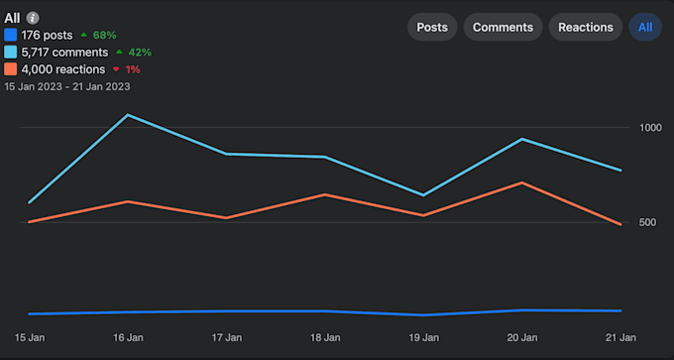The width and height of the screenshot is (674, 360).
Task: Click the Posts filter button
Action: pyautogui.click(x=431, y=27)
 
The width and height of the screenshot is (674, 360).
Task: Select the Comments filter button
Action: pyautogui.click(x=503, y=27)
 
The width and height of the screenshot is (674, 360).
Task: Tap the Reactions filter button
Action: pyautogui.click(x=586, y=27)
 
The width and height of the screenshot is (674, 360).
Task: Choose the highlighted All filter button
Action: pyautogui.click(x=645, y=27)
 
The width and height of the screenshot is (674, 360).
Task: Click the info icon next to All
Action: pyautogui.click(x=33, y=18)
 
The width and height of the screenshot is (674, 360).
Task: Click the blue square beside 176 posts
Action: pyautogui.click(x=11, y=35)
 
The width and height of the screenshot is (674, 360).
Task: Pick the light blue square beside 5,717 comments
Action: pyautogui.click(x=11, y=52)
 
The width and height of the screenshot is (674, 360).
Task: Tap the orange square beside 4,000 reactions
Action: pyautogui.click(x=11, y=69)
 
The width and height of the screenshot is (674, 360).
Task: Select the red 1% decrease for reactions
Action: pyautogui.click(x=126, y=69)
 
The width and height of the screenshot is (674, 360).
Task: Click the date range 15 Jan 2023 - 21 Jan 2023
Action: pyautogui.click(x=67, y=86)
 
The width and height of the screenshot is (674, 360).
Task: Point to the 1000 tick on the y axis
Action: pyautogui.click(x=650, y=128)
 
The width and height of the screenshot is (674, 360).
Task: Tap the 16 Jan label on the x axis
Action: pyautogui.click(x=128, y=338)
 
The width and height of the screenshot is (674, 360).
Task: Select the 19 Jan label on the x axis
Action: pyautogui.click(x=424, y=338)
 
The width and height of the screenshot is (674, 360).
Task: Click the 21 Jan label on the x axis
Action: pyautogui.click(x=620, y=338)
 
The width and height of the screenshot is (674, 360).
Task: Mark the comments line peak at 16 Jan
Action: pyautogui.click(x=128, y=115)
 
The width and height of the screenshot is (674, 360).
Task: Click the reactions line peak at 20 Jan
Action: pyautogui.click(x=522, y=182)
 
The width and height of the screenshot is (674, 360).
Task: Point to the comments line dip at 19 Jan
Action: pyautogui.click(x=424, y=194)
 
